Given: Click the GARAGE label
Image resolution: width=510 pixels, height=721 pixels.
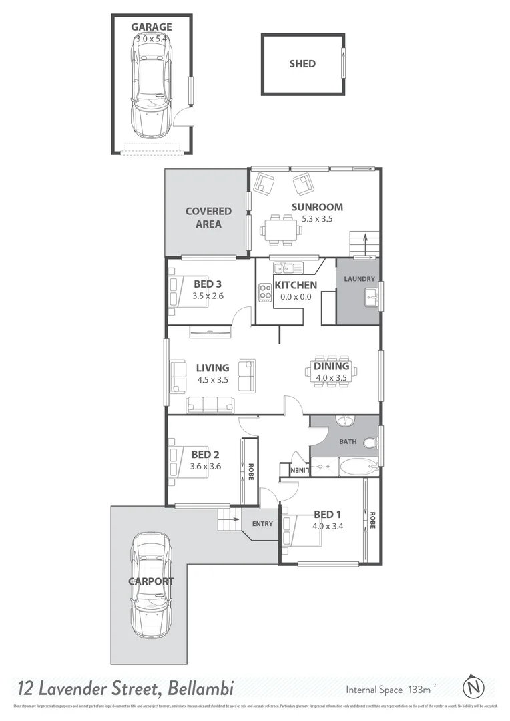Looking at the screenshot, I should pyautogui.click(x=151, y=27).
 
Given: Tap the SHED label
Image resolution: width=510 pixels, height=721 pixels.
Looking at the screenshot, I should pyautogui.click(x=302, y=64).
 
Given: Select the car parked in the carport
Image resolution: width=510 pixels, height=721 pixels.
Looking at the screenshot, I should pyautogui.click(x=150, y=585).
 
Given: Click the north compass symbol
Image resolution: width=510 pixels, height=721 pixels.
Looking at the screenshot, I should pyautogui.click(x=473, y=686).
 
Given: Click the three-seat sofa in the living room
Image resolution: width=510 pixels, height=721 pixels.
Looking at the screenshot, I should pyautogui.click(x=210, y=404).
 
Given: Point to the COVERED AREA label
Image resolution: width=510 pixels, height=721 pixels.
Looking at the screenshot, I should pyautogui.click(x=208, y=218).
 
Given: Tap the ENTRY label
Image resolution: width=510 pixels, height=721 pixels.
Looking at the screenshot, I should pyautogui.click(x=262, y=524).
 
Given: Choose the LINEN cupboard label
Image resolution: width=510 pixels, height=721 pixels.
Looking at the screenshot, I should pyautogui.click(x=300, y=470).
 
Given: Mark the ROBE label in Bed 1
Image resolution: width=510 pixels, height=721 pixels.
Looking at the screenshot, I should pyautogui.click(x=372, y=521).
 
